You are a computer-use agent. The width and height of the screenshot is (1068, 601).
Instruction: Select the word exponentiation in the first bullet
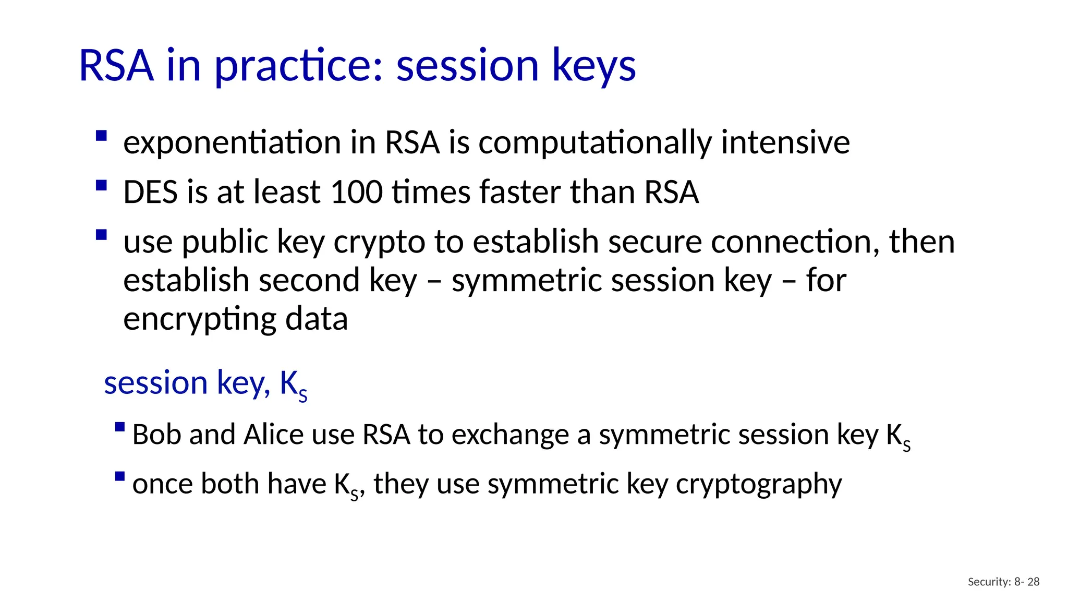pyautogui.click(x=232, y=142)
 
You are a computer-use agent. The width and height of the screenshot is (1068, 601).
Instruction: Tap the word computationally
pyautogui.click(x=594, y=142)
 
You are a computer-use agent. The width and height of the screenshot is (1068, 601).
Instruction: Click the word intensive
pyautogui.click(x=785, y=142)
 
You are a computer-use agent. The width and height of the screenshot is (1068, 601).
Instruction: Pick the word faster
pyautogui.click(x=520, y=192)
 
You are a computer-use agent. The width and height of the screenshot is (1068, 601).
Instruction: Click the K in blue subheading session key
pyautogui.click(x=289, y=383)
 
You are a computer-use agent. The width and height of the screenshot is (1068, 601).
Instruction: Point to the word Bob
pyautogui.click(x=156, y=435)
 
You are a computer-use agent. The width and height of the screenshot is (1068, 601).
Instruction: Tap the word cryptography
pyautogui.click(x=759, y=484)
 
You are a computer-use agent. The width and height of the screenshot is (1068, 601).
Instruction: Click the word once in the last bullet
pyautogui.click(x=163, y=484)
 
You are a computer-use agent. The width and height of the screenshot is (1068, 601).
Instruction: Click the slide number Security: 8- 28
pyautogui.click(x=1003, y=582)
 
